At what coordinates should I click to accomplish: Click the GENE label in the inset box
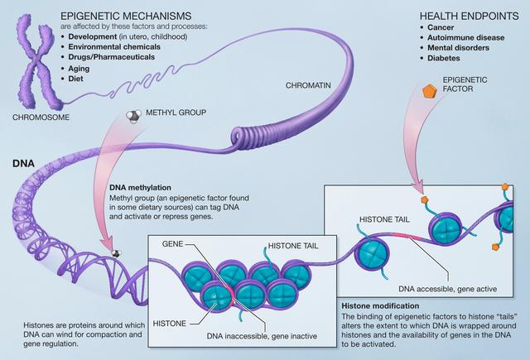point(173,245)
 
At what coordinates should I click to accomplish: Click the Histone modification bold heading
point(383,305)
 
